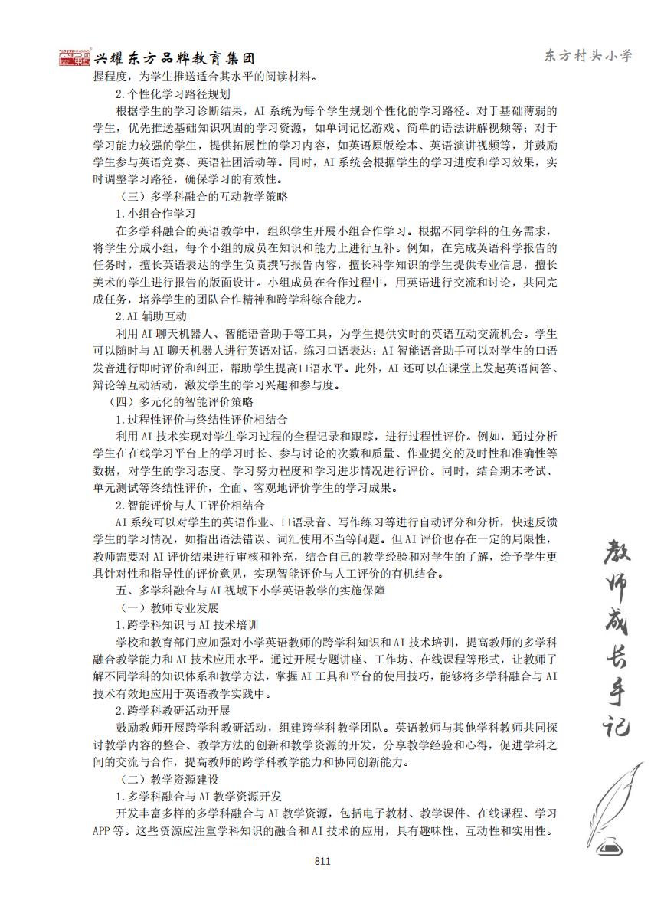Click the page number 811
[x=322, y=861]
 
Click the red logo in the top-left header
[x=74, y=57]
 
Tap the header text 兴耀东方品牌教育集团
[x=174, y=59]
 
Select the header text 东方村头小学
[x=587, y=55]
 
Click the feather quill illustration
[x=616, y=797]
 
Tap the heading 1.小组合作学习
[x=155, y=213]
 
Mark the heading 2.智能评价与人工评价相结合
[x=191, y=505]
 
